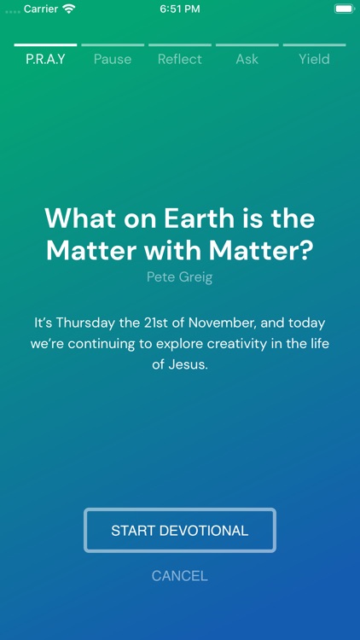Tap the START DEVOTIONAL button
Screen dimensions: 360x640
coord(180,530)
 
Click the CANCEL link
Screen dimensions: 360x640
coord(180,576)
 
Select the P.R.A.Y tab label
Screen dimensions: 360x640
coord(45,59)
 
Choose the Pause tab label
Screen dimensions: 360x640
coord(113,59)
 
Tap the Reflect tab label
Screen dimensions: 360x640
coord(180,59)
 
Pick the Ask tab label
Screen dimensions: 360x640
coord(247,59)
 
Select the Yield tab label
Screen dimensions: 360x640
coord(314,59)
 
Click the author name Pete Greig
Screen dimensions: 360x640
coord(180,277)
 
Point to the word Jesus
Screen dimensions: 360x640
coord(189,364)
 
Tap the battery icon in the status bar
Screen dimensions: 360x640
coord(345,9)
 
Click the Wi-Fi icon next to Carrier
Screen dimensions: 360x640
coord(69,9)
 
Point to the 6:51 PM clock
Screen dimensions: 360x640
coord(180,9)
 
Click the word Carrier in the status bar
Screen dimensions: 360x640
coord(41,9)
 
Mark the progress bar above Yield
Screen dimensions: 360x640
coord(314,45)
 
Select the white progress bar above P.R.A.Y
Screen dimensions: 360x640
coord(45,45)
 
